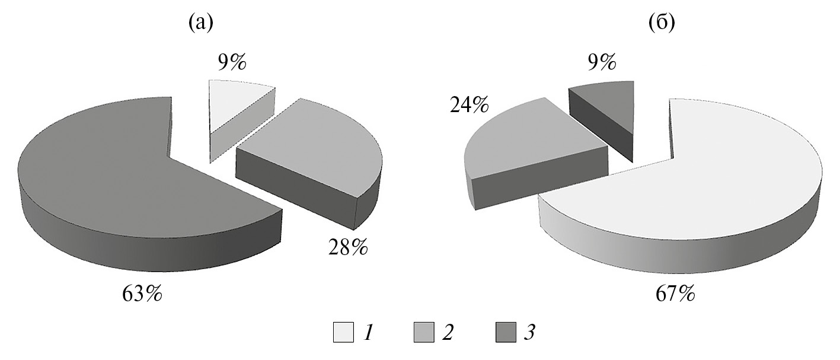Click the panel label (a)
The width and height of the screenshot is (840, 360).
pyautogui.click(x=201, y=23)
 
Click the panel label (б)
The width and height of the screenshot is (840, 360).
pyautogui.click(x=662, y=23)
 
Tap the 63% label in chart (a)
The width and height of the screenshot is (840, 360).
pyautogui.click(x=142, y=294)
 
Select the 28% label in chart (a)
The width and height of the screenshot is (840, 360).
pyautogui.click(x=348, y=247)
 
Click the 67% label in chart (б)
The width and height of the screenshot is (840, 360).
pyautogui.click(x=675, y=294)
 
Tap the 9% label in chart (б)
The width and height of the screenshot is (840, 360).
pyautogui.click(x=602, y=62)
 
